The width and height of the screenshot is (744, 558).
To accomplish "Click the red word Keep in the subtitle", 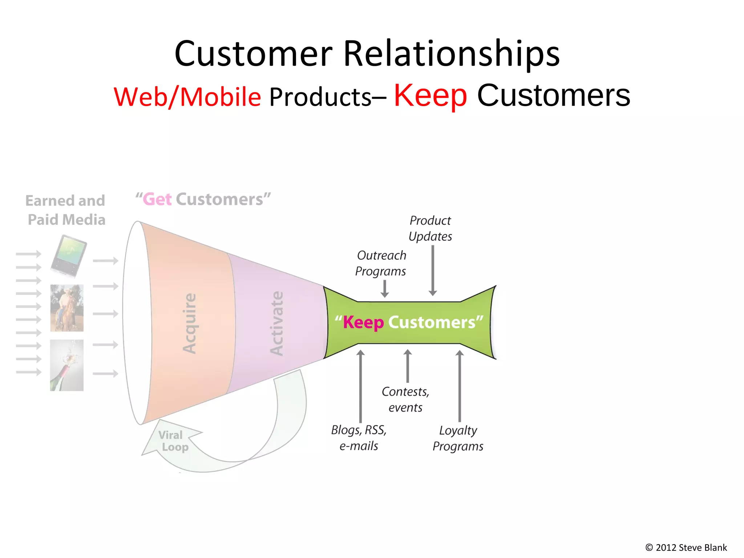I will pos(430,95).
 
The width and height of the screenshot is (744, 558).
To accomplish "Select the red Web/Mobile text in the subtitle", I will pos(187,97).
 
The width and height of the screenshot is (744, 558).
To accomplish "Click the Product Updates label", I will pos(430,229).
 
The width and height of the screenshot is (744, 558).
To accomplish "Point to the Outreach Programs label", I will pos(381,263).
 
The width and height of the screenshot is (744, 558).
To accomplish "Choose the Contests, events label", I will pos(405,399).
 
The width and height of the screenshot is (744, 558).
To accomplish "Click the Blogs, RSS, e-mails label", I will pos(359,438).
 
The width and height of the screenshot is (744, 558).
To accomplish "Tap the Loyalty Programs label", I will pos(458,438).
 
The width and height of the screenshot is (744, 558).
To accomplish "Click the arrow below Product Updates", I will pos(432,270).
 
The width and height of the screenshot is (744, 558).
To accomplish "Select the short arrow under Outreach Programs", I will pos(385,289).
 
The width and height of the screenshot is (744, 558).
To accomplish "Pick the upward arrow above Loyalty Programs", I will pos(460,385).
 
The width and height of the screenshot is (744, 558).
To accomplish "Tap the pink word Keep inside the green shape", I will pos(363,322).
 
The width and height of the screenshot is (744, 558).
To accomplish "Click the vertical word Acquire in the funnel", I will pos(190,323).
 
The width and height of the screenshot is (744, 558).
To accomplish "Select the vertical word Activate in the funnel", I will pos(277,323).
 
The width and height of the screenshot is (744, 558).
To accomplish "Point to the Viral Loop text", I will pos(173,441).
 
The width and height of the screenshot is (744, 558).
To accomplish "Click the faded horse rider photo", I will pos(67,308).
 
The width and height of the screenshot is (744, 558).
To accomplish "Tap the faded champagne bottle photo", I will pos(67,365).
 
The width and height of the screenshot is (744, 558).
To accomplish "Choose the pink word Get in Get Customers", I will pos(157,199).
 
